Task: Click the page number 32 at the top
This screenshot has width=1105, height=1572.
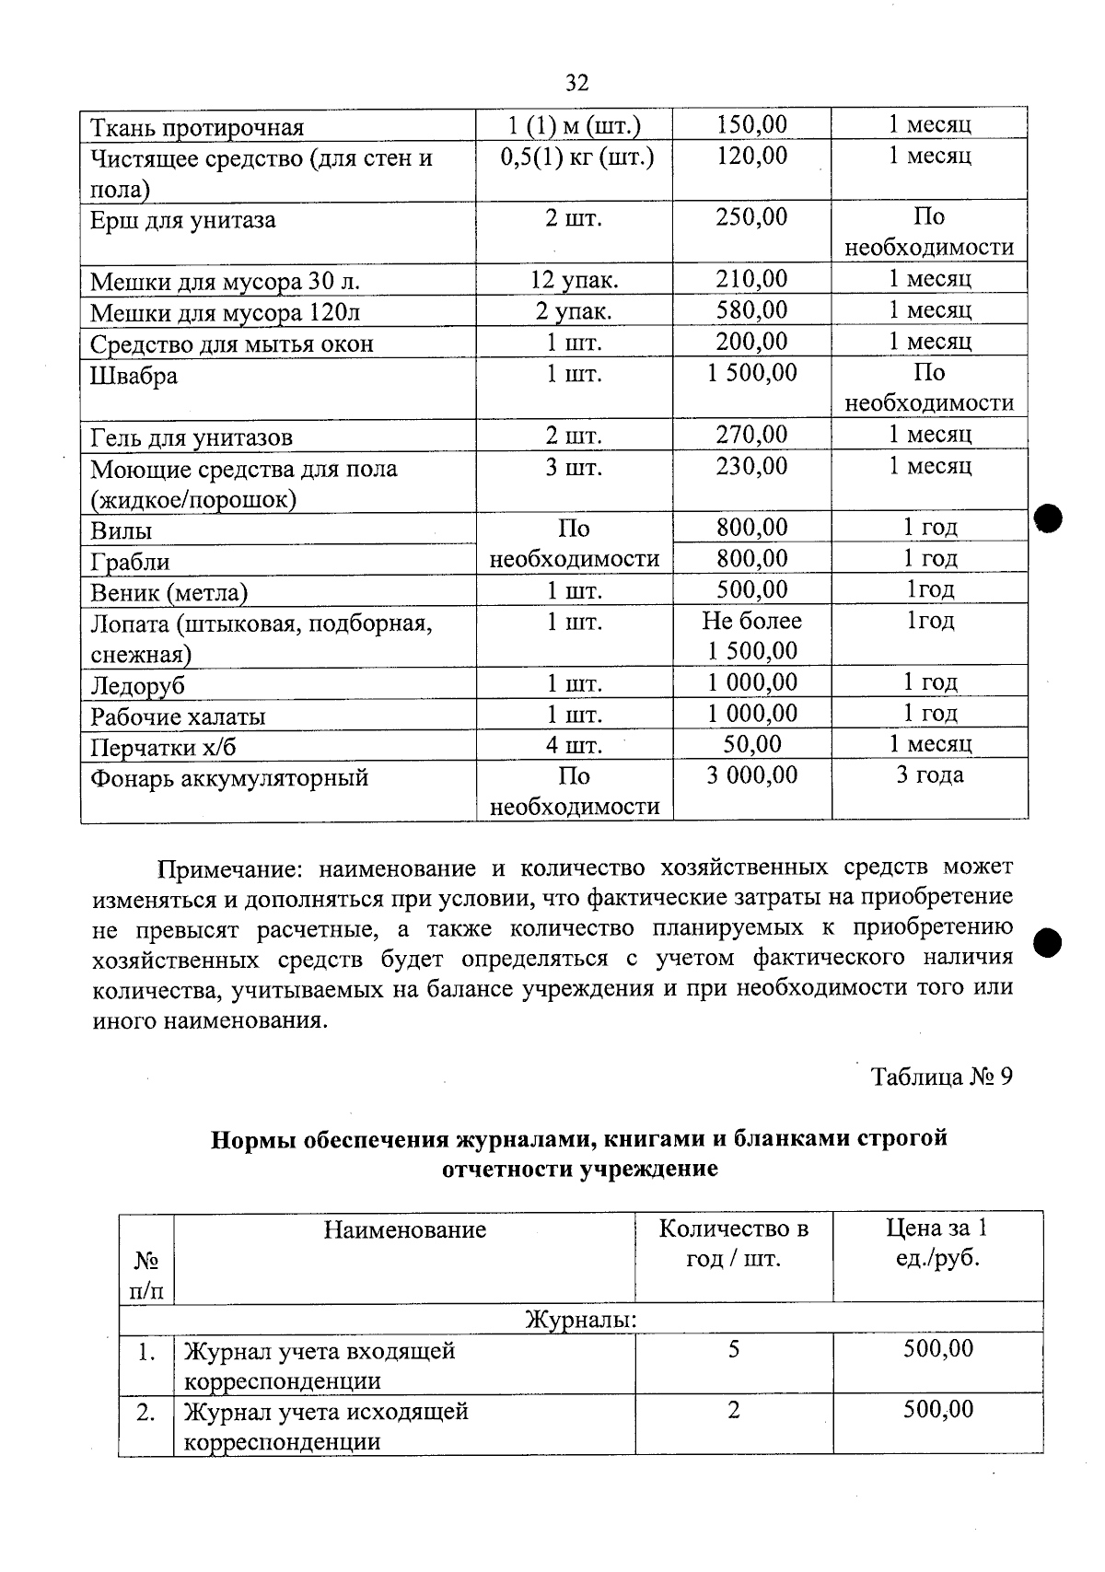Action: [x=576, y=83]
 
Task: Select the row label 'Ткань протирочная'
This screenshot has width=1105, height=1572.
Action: [x=196, y=127]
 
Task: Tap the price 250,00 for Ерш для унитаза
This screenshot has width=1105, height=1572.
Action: [x=751, y=216]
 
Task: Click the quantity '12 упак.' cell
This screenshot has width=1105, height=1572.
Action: [x=574, y=280]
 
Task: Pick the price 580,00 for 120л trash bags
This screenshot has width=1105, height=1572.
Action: [x=751, y=310]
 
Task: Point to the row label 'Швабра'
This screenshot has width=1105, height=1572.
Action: [x=134, y=376]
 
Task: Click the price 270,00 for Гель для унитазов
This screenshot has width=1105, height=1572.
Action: [x=751, y=435]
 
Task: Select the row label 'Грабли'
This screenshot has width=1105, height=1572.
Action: [x=130, y=562]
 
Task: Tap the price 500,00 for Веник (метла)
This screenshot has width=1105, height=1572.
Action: [x=751, y=589]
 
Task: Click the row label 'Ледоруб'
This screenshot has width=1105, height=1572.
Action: [x=137, y=686]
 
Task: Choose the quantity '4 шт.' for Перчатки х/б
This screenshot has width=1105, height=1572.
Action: [x=574, y=745]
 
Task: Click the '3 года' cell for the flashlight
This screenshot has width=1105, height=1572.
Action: [x=929, y=775]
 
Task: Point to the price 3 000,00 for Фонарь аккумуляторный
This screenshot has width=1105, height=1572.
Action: [x=751, y=775]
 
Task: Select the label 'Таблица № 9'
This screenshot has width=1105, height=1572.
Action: [x=941, y=1077]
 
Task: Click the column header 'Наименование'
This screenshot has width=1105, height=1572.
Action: [x=404, y=1229]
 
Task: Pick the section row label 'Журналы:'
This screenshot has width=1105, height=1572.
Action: [x=580, y=1320]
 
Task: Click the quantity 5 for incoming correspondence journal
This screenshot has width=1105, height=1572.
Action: [x=733, y=1350]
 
